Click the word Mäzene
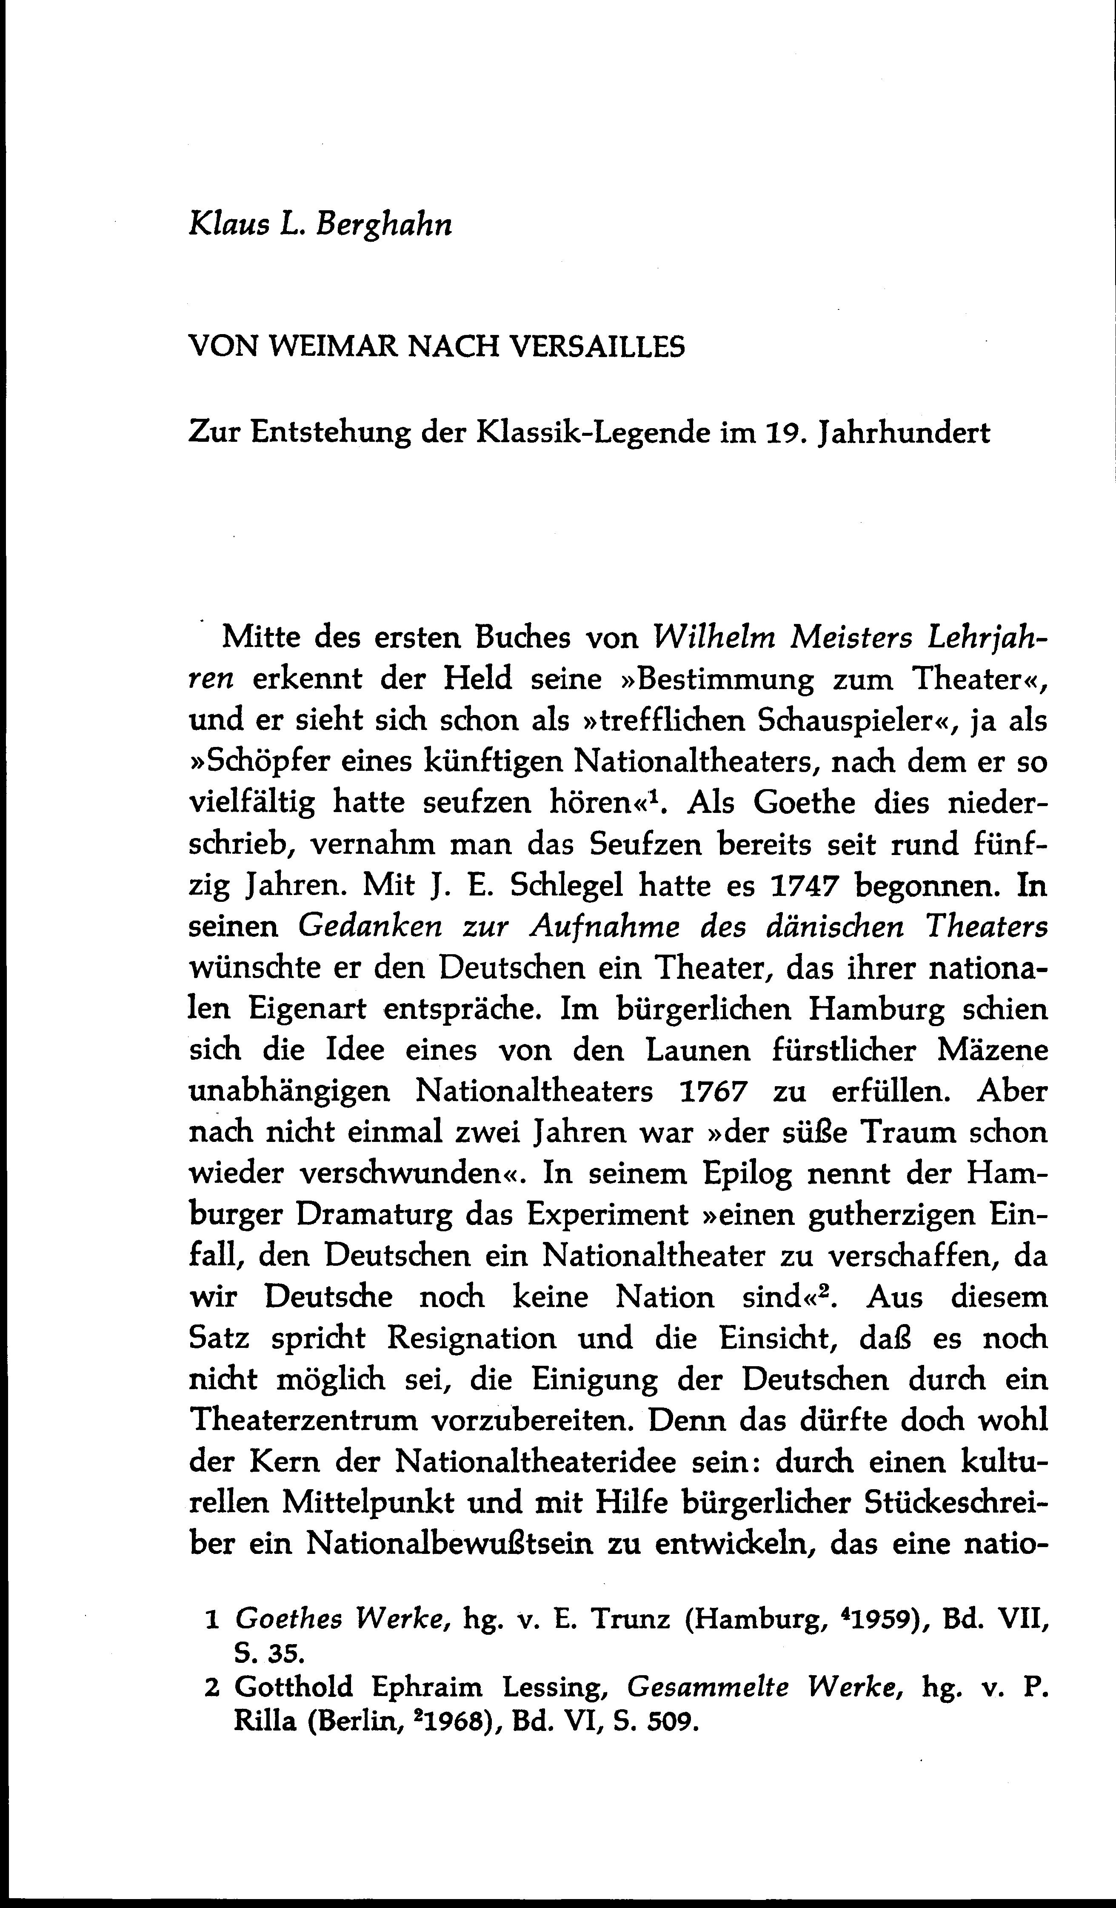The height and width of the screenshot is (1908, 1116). [x=992, y=1050]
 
